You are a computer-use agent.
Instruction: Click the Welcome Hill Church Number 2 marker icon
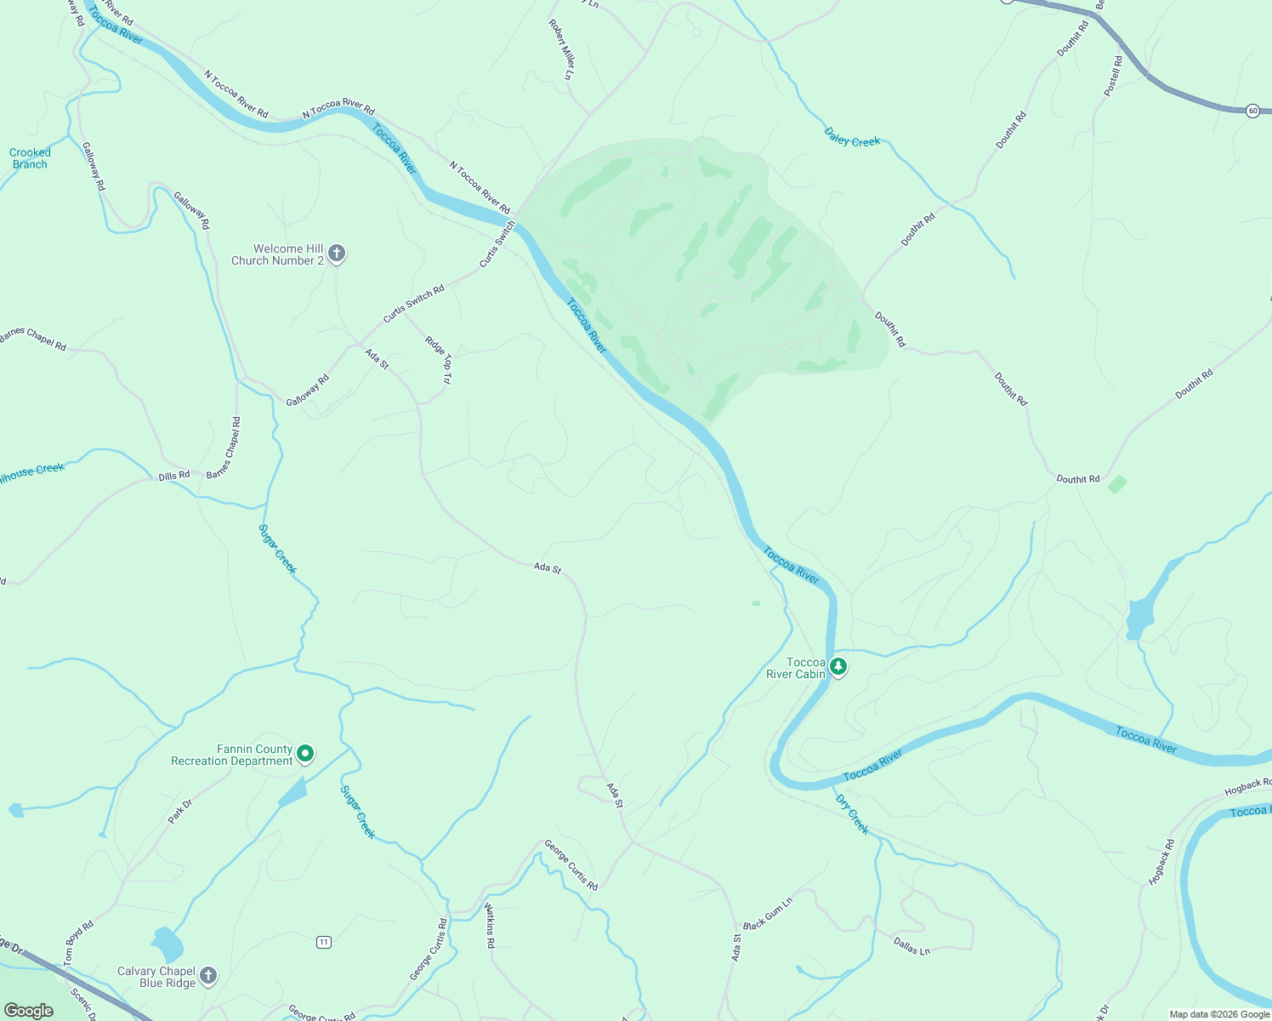(x=337, y=254)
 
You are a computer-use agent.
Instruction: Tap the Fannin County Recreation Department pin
(x=305, y=754)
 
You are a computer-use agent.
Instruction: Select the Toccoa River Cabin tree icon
(x=838, y=667)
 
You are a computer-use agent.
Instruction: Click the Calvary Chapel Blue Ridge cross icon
(x=208, y=976)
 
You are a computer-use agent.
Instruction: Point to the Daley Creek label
(x=852, y=138)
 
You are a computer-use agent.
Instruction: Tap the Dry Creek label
(x=852, y=814)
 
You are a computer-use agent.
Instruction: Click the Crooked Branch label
(x=30, y=158)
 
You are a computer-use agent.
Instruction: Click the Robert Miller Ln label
(x=560, y=49)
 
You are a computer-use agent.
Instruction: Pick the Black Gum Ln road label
(x=768, y=913)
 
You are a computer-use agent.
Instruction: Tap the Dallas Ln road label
(x=911, y=945)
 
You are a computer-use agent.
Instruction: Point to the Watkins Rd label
(x=490, y=926)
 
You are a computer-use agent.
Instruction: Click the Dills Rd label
(x=174, y=476)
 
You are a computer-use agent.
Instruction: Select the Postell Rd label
(x=1113, y=76)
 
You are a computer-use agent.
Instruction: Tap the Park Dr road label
(x=180, y=811)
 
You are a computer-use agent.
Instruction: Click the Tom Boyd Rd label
(x=79, y=943)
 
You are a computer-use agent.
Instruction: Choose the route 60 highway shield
(x=1252, y=111)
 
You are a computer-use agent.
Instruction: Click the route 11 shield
(x=323, y=942)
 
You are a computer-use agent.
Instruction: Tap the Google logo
(x=29, y=1011)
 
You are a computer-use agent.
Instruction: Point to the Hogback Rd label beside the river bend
(x=1161, y=862)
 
